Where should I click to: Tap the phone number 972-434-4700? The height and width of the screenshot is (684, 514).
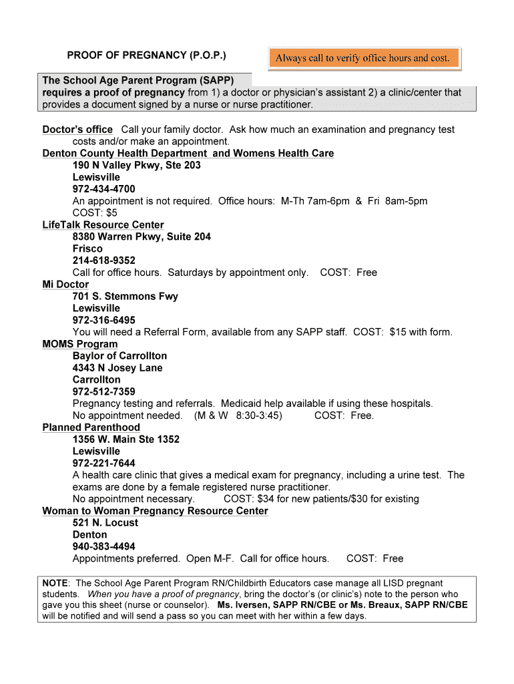103,189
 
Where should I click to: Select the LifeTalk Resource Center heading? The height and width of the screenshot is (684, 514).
103,225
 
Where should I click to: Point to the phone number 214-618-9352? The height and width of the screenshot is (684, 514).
103,261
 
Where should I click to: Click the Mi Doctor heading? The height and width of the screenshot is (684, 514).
65,285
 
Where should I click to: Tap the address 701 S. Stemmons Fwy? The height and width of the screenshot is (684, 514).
125,297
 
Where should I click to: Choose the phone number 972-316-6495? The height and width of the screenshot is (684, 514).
103,320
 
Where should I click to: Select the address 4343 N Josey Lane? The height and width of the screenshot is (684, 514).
117,368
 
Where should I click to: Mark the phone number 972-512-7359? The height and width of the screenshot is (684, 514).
103,391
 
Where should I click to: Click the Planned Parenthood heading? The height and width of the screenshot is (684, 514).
91,427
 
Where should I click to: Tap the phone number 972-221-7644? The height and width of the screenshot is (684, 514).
103,463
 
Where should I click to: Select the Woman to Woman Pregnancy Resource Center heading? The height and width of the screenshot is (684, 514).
155,511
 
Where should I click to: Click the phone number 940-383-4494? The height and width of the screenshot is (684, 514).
103,546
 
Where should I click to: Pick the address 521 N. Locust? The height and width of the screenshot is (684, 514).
105,523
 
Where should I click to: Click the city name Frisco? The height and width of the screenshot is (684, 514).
87,248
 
